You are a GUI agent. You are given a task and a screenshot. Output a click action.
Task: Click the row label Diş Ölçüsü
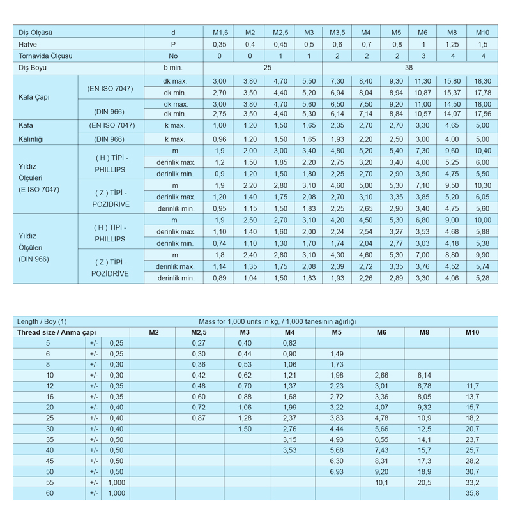pos(35,33)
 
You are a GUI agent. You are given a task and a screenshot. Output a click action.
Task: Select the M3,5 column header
pos(337,33)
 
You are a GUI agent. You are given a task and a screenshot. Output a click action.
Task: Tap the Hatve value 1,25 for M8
pos(452,44)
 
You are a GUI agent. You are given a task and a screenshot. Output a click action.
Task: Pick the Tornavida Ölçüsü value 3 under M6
pos(423,56)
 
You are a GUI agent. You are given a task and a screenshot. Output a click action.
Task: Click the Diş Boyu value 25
pos(267,67)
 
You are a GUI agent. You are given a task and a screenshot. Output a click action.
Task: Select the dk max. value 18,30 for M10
pos(483,81)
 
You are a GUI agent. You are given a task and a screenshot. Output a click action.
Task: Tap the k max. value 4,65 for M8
pos(452,126)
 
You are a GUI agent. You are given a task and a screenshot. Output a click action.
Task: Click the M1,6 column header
pos(220,33)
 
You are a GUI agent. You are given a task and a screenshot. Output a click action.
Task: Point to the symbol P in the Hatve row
pos(173,44)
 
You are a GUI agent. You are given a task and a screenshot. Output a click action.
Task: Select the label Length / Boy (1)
pos(42,321)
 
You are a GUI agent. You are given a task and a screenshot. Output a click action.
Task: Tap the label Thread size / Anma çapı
pos(57,332)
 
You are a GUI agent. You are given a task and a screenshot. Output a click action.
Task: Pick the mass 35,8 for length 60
pos(473,493)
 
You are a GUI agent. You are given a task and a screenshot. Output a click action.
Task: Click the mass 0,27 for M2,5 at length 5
pos(199,343)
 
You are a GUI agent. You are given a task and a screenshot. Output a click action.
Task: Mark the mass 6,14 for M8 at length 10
pos(424,375)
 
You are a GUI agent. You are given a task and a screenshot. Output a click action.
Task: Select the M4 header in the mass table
pos(289,332)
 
